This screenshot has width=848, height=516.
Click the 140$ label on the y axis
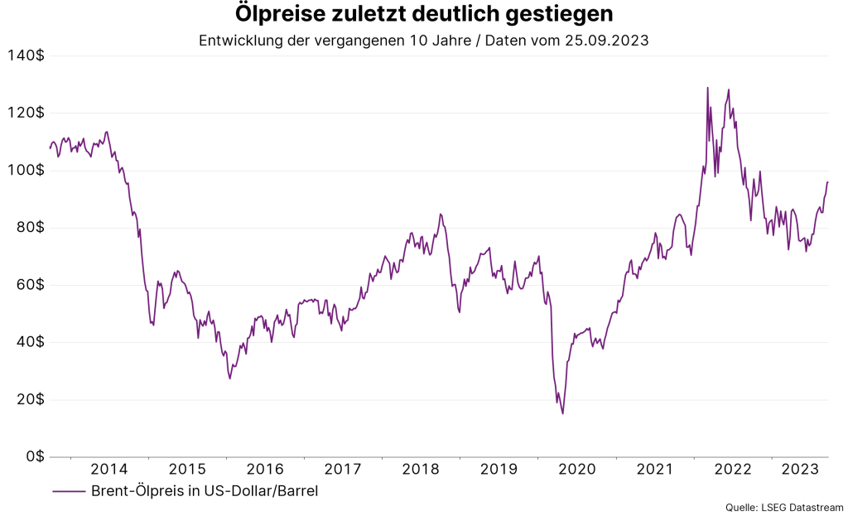pos(26,55)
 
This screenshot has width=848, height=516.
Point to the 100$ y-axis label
pos(26,171)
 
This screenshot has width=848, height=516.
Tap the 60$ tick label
pos(29,285)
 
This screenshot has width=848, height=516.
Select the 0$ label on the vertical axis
pos(33,456)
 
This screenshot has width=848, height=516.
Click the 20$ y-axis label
pos(29,399)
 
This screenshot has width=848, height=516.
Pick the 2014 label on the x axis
pos(109,470)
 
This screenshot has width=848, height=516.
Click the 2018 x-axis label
pos(421,470)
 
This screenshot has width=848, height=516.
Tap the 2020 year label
pos(576,470)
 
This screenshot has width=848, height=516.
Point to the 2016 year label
pos(265,470)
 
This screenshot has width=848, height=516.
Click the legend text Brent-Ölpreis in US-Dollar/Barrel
pos(204,491)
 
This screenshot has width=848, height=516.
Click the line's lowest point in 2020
pos(563,413)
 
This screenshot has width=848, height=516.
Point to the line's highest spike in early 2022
pos(707,88)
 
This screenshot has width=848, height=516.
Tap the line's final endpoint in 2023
pos(827,181)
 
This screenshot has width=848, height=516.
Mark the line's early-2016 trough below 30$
pos(229,379)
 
